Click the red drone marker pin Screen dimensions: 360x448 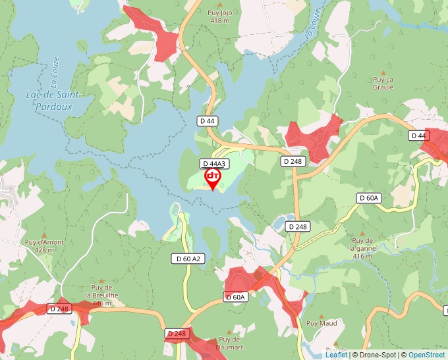pyautogui.click(x=213, y=178)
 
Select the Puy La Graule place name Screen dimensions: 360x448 pyautogui.click(x=383, y=84)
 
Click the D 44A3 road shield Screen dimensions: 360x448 pyautogui.click(x=214, y=164)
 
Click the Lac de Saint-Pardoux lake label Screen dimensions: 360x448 pyautogui.click(x=53, y=100)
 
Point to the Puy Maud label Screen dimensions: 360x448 pyautogui.click(x=322, y=323)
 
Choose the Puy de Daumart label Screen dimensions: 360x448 pyautogui.click(x=229, y=343)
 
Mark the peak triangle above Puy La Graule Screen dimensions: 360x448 pyautogui.click(x=383, y=70)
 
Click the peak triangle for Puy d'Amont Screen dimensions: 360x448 pyautogui.click(x=44, y=235)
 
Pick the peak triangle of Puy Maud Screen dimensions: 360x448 pyautogui.click(x=322, y=315)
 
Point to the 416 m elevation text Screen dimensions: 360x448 pyautogui.click(x=362, y=256)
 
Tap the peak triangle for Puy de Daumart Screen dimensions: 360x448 pyautogui.click(x=229, y=332)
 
